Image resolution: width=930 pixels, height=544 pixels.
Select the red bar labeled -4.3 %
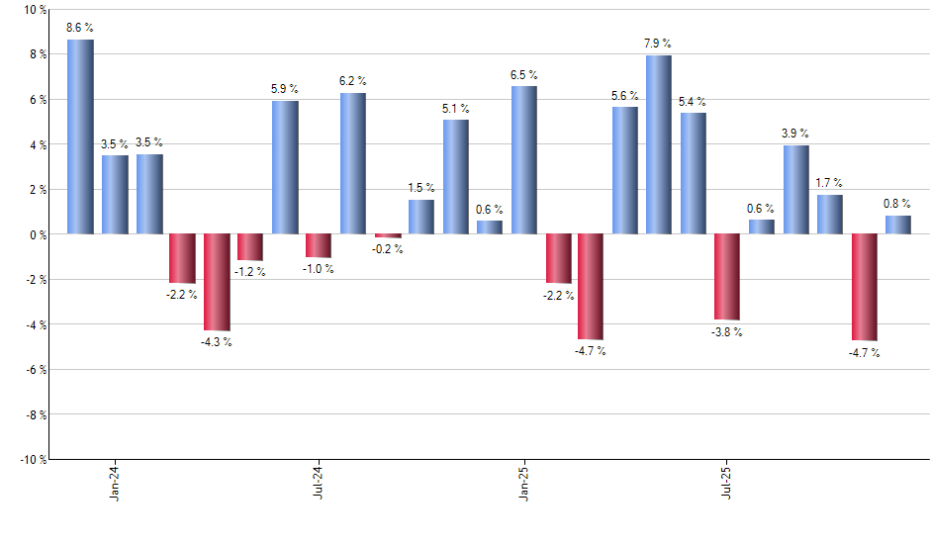click(x=217, y=282)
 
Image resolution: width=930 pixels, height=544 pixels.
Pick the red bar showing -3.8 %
click(x=727, y=277)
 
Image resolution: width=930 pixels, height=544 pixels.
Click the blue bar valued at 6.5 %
click(x=524, y=160)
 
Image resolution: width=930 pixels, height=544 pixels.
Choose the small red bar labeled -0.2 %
click(x=388, y=235)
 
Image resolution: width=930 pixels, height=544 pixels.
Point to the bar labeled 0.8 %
click(x=898, y=225)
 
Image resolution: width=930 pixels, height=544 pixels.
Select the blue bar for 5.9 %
click(x=285, y=167)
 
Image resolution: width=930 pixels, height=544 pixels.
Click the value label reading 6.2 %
click(x=353, y=81)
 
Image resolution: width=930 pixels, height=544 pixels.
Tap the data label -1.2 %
click(x=250, y=272)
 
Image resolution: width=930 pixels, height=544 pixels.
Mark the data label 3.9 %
click(x=795, y=134)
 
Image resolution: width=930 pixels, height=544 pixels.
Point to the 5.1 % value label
click(x=456, y=109)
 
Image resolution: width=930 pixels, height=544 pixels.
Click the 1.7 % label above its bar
click(x=830, y=183)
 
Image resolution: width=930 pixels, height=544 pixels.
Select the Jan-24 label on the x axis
click(x=115, y=483)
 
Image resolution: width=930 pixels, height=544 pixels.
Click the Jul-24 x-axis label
click(x=320, y=483)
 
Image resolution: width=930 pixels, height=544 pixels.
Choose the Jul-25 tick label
click(x=727, y=483)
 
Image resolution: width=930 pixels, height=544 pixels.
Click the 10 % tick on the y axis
click(x=32, y=10)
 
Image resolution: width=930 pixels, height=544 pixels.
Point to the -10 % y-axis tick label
click(x=30, y=460)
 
